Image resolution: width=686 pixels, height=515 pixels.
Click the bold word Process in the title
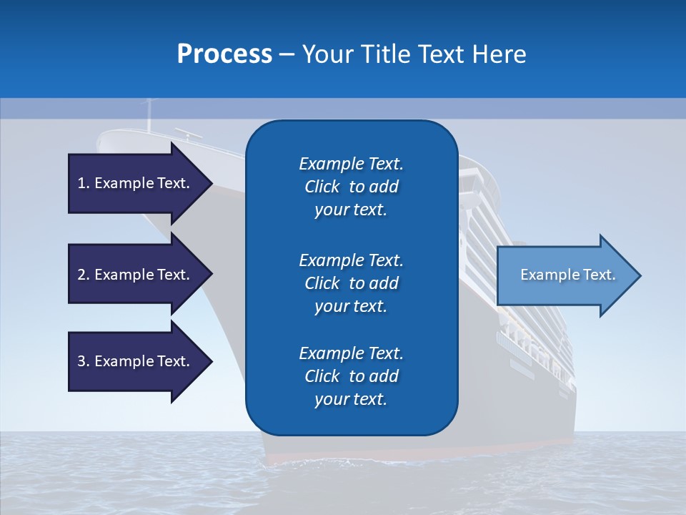(x=224, y=54)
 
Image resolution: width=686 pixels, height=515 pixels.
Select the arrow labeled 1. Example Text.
(x=136, y=183)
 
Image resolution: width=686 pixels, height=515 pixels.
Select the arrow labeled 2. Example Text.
(x=136, y=275)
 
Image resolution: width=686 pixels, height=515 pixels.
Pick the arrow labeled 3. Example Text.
(x=136, y=361)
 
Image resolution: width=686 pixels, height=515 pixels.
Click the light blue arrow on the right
(x=565, y=275)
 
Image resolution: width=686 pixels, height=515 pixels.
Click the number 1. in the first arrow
(x=84, y=183)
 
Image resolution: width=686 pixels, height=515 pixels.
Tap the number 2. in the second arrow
(x=84, y=275)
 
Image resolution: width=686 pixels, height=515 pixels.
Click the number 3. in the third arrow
(x=84, y=361)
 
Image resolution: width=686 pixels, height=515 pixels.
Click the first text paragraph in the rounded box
(x=351, y=187)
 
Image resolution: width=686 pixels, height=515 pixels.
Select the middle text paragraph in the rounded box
(x=351, y=283)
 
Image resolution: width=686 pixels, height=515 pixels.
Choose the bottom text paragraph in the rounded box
(x=351, y=376)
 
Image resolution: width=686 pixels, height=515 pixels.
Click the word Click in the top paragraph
(x=322, y=187)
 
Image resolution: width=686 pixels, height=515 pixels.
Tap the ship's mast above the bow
(x=149, y=114)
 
